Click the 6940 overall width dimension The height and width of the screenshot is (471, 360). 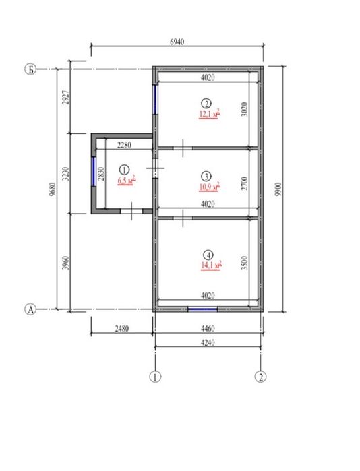177,42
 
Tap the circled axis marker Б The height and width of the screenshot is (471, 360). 30,69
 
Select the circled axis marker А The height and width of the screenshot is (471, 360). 30,309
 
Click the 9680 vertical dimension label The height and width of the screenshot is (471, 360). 53,189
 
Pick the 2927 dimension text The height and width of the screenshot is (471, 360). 66,97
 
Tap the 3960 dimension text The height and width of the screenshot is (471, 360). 66,263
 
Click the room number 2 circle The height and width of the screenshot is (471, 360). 206,104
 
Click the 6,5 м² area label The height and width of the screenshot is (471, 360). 126,181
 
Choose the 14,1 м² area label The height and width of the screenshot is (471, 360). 211,265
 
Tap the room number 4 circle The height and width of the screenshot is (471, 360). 208,255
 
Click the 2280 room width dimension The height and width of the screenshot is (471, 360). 124,145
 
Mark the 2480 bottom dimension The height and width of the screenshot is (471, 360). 122,328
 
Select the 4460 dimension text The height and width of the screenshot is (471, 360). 208,328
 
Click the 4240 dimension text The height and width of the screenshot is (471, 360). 208,342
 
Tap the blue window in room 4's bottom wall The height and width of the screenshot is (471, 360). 202,309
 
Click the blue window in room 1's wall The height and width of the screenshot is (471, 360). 94,172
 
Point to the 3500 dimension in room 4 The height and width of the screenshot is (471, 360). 245,263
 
